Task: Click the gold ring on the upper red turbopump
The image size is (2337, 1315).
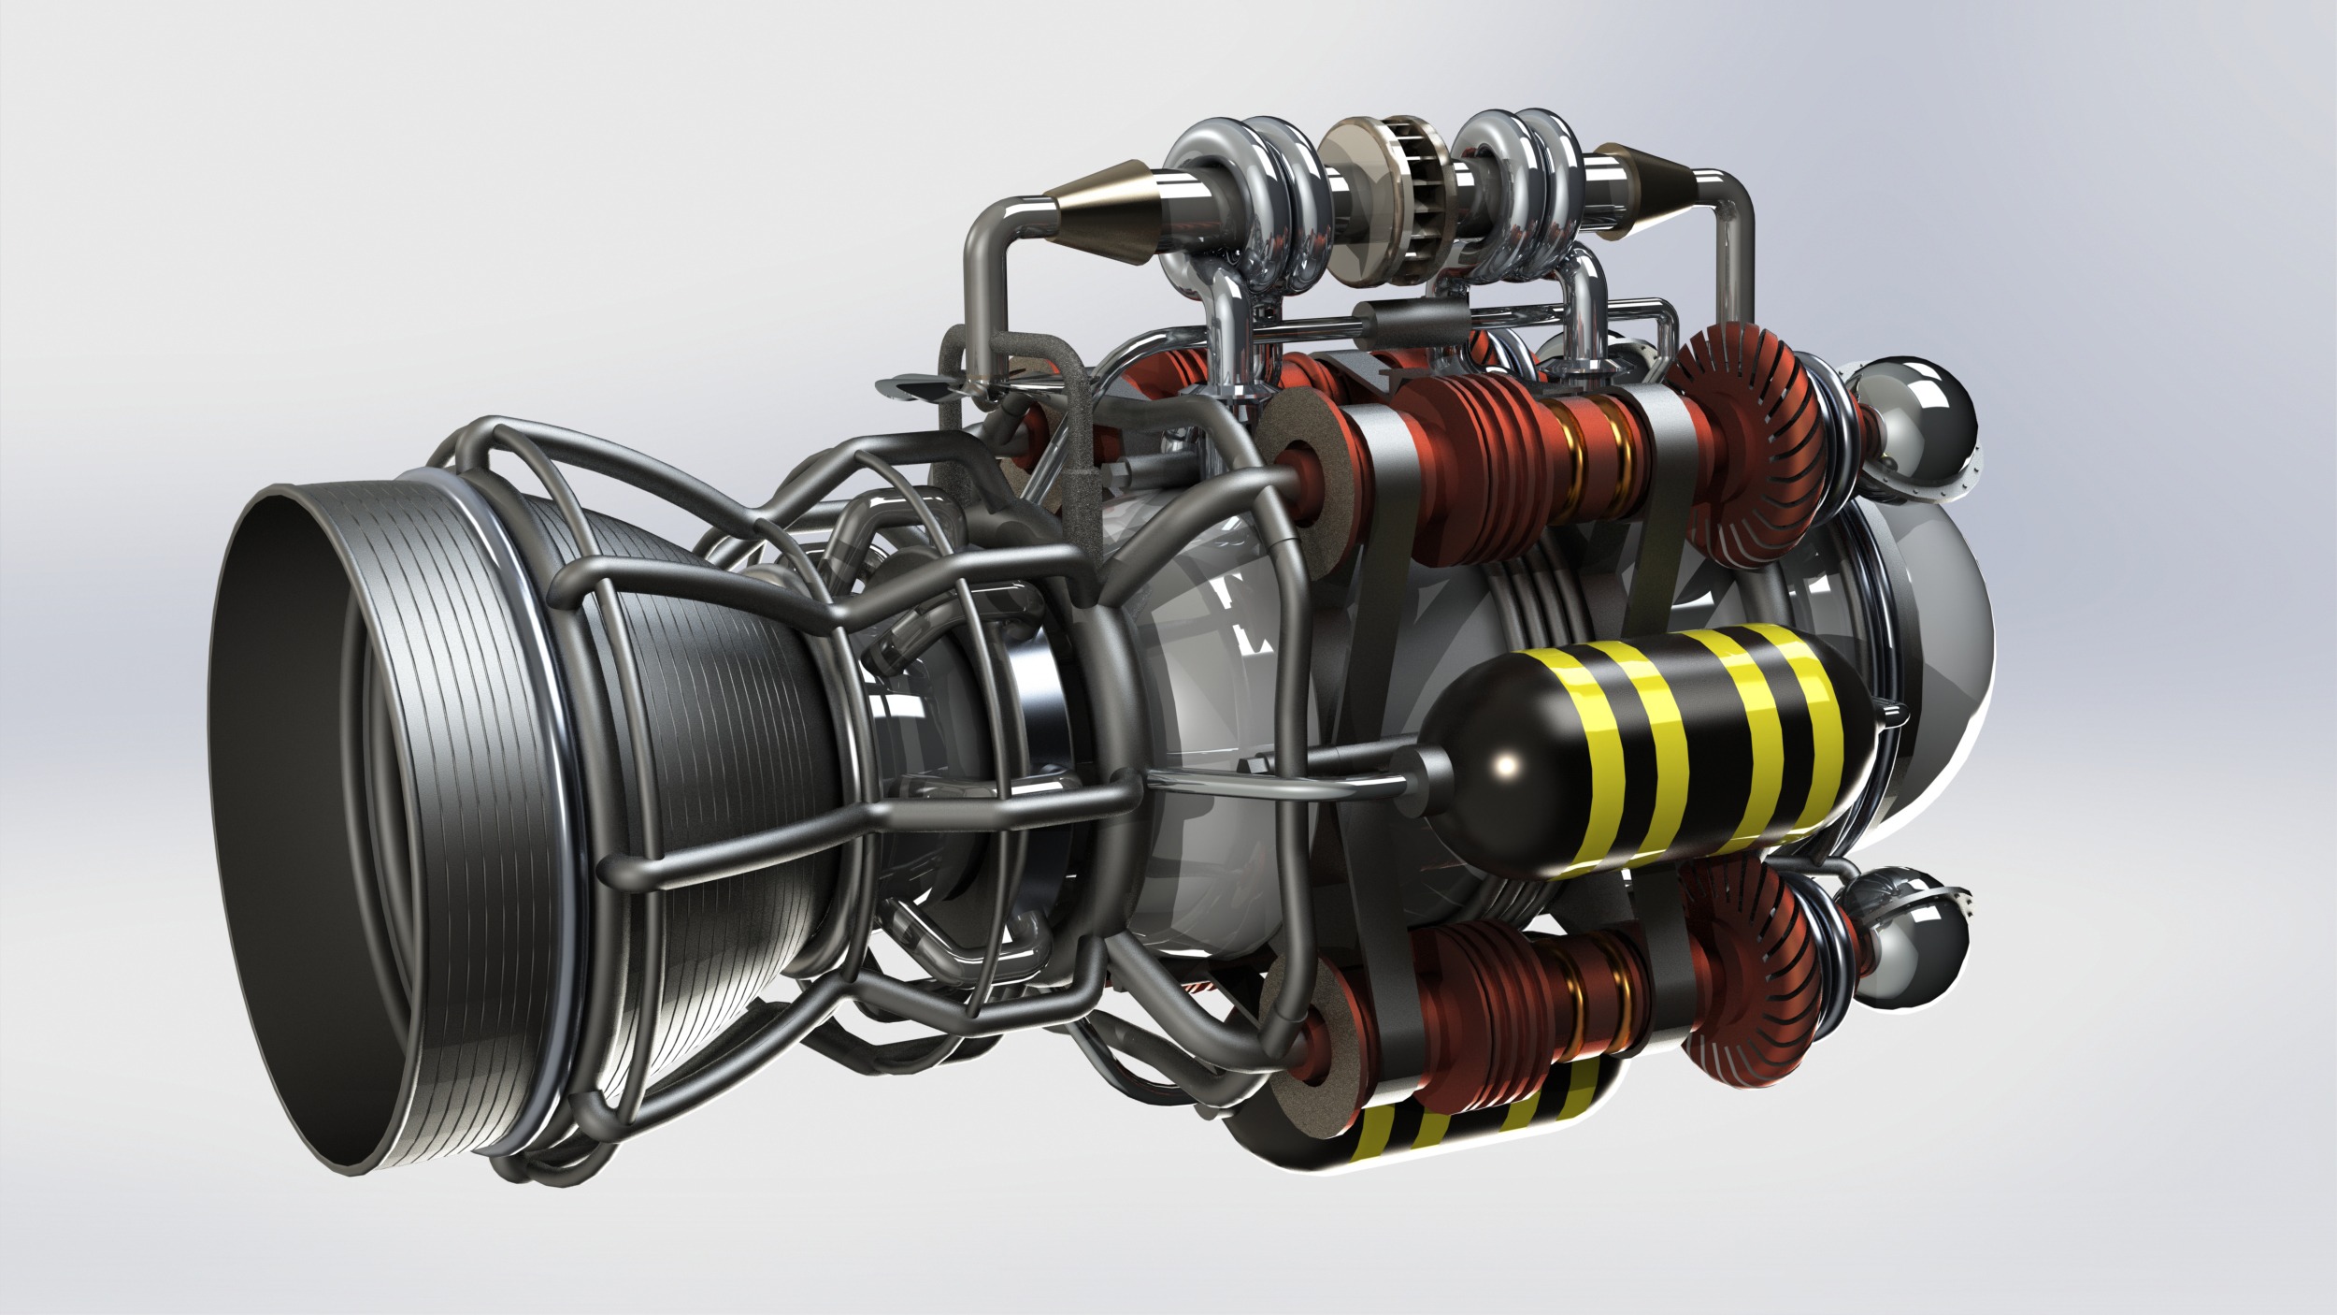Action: [x=1580, y=436]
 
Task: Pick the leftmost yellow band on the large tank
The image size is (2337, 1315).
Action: [x=1631, y=748]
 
